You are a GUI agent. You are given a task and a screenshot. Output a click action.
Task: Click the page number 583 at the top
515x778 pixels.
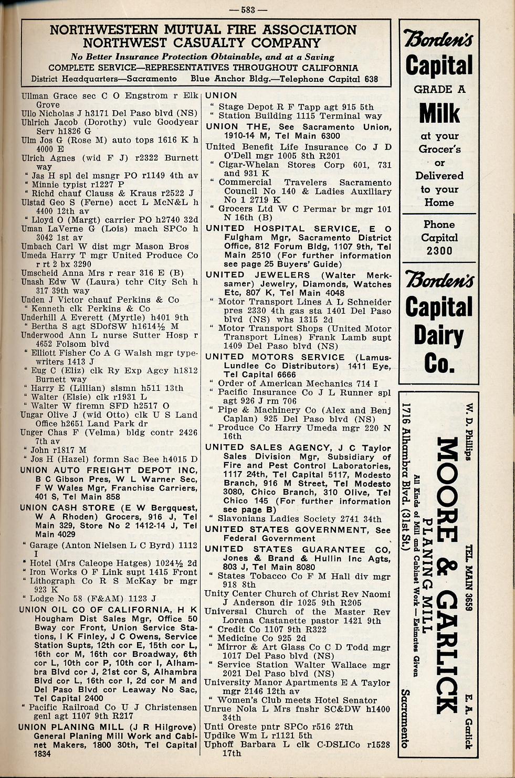click(x=254, y=9)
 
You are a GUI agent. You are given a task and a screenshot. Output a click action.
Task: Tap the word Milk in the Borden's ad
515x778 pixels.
click(x=439, y=113)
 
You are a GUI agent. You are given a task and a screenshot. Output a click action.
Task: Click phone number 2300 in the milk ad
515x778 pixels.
click(x=439, y=251)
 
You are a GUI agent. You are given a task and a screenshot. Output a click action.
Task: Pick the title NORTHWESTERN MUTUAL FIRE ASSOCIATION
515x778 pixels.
click(x=203, y=30)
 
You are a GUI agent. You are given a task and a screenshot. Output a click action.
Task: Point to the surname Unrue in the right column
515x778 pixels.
click(x=217, y=709)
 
